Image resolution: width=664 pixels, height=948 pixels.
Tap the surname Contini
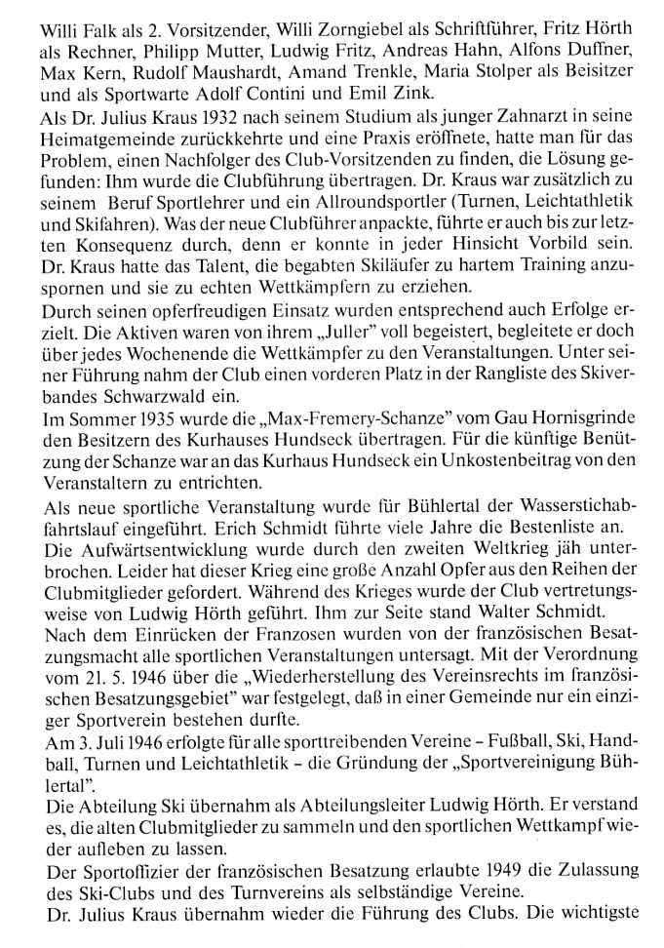click(x=341, y=95)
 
